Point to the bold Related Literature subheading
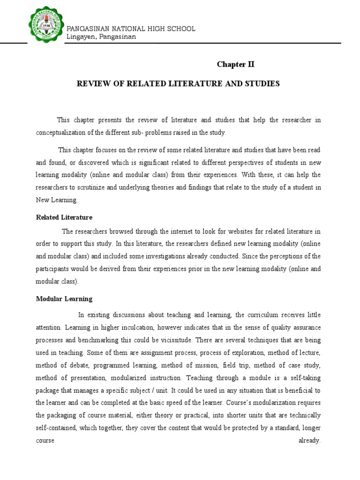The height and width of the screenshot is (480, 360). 64,217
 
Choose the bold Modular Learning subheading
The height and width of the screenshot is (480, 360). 64,299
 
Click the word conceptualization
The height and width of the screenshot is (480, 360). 62,133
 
